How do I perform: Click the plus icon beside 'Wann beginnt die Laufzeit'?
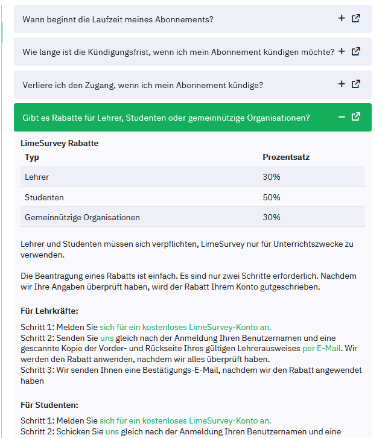[x=342, y=19]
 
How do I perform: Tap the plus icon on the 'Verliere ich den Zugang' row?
[x=342, y=84]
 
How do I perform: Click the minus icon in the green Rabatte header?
[x=342, y=117]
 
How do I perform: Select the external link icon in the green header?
[x=356, y=117]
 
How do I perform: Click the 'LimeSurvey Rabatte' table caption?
[x=59, y=144]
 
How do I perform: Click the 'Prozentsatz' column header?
[x=286, y=157]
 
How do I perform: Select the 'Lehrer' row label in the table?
[x=37, y=177]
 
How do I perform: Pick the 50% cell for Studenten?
[x=272, y=197]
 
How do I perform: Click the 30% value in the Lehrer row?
[x=272, y=177]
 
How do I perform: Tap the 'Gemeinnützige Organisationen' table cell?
[x=82, y=217]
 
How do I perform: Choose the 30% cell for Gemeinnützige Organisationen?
[x=272, y=217]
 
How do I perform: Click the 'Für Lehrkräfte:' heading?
[x=49, y=311]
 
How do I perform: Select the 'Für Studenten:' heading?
[x=49, y=405]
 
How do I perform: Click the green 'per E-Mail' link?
[x=321, y=348]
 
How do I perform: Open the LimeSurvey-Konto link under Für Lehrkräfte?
[x=185, y=326]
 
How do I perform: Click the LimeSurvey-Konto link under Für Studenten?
[x=185, y=421]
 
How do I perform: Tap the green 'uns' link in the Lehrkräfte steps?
[x=106, y=337]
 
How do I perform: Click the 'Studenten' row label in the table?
[x=44, y=197]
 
